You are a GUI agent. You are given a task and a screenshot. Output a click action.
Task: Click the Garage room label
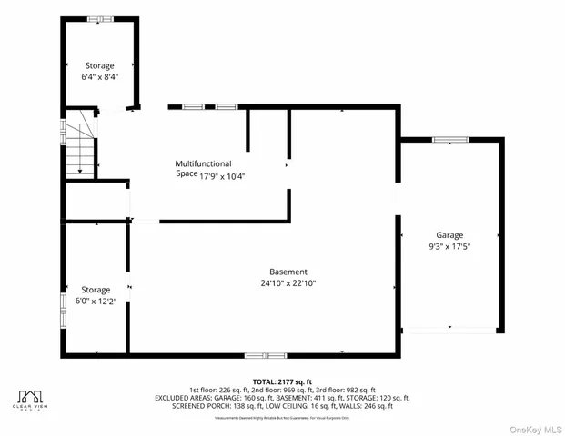tap(449, 234)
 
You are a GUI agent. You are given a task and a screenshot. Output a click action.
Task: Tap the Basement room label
tap(288, 272)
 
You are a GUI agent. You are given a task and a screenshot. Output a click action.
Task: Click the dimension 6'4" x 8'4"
tap(99, 77)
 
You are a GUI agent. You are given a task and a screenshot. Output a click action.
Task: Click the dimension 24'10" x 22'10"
tap(288, 283)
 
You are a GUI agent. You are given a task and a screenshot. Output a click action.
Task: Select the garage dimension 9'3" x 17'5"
tap(449, 245)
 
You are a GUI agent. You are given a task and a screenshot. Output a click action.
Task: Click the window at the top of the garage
tap(449, 139)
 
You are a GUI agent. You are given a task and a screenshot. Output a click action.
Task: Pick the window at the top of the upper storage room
tap(100, 18)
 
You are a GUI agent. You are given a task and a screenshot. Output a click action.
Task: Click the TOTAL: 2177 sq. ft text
tap(281, 381)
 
